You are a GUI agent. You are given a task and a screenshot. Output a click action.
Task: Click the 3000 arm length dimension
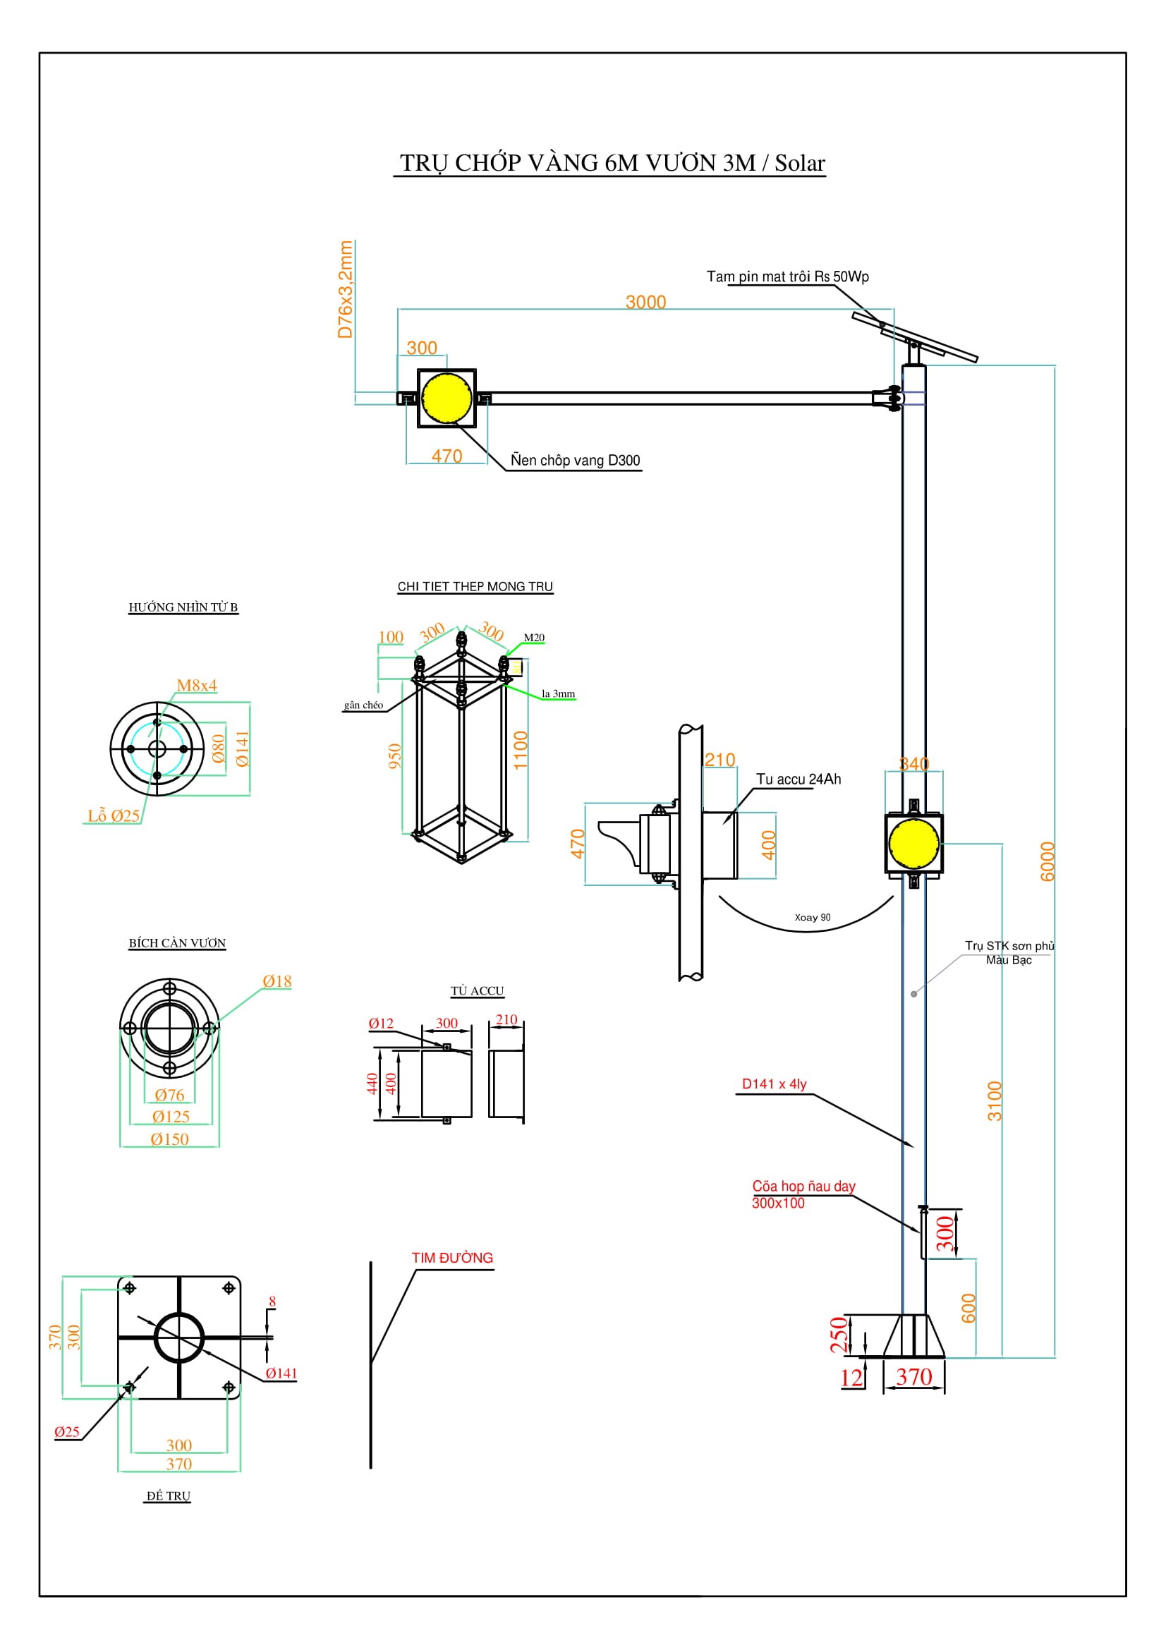pos(645,302)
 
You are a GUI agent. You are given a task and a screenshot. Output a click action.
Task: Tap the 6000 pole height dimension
pos(1047,861)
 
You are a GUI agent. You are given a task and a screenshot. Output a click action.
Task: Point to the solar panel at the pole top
pos(915,337)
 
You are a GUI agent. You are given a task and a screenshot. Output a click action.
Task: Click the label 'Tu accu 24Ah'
pos(798,779)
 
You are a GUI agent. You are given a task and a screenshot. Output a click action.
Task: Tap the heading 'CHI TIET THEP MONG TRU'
pos(475,586)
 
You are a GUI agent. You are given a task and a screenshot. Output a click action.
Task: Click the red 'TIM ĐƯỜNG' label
pos(452,1258)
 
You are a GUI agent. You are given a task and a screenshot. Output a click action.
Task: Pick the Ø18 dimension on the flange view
pos(277,981)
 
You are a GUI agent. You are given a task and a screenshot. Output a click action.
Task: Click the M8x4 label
pos(197,685)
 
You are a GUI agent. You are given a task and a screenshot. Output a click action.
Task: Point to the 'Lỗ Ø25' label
pos(114,815)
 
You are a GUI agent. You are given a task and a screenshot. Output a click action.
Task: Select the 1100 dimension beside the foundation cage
pos(521,751)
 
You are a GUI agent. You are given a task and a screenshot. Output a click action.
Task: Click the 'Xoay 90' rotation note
pos(812,917)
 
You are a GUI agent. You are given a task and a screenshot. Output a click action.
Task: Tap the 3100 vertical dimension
pos(994,1101)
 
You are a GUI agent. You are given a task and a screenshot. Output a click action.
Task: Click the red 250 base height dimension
pos(838,1335)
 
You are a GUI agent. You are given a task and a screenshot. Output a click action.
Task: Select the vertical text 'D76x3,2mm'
pos(346,290)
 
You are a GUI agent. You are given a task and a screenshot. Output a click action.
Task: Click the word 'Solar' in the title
pos(799,163)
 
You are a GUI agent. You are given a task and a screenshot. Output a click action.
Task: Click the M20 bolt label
pos(534,638)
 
